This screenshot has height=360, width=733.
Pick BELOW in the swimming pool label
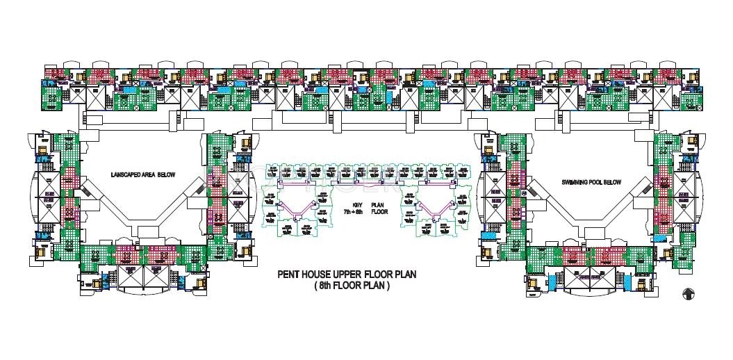click(x=614, y=182)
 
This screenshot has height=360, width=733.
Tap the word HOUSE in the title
click(x=318, y=275)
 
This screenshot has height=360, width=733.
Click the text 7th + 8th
click(x=358, y=213)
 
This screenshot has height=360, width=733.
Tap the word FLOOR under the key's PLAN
click(x=379, y=213)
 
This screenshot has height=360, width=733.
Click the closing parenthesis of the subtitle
click(x=389, y=286)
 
